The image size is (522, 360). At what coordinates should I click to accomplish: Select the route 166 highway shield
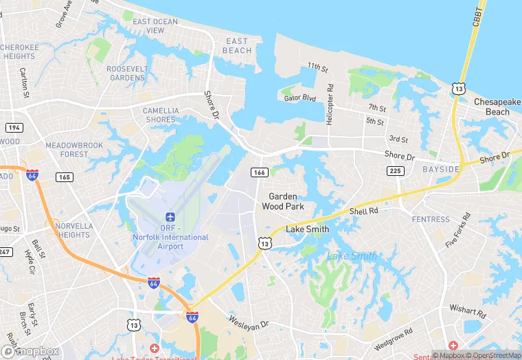(x=259, y=172)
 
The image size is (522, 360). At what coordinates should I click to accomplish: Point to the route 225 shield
(x=396, y=171)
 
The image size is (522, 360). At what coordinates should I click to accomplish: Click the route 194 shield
(x=13, y=128)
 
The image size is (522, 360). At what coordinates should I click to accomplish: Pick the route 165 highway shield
(x=65, y=177)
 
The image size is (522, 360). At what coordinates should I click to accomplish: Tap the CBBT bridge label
(x=477, y=17)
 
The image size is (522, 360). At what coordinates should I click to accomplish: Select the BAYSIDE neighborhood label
(x=440, y=169)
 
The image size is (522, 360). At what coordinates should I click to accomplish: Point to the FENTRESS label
(x=431, y=219)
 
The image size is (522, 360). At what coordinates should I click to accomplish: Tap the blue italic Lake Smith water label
(x=351, y=256)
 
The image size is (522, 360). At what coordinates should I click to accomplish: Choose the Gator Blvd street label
(x=299, y=98)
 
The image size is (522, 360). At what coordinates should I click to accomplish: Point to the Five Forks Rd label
(x=457, y=230)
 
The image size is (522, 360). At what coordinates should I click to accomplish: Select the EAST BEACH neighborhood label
(x=237, y=46)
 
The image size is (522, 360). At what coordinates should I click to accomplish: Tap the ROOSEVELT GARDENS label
(x=126, y=73)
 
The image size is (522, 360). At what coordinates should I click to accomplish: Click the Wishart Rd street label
(x=468, y=313)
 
